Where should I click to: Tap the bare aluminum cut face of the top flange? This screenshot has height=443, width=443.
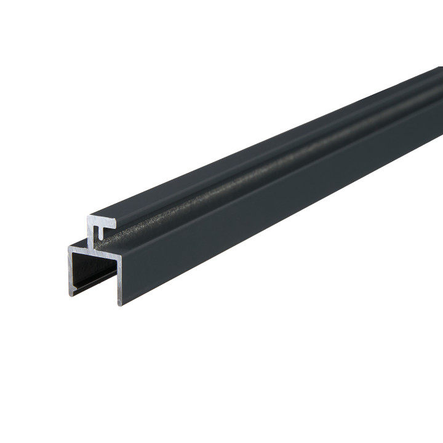pos(105,221)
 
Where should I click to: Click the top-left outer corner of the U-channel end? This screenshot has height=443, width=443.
pos(68,247)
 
